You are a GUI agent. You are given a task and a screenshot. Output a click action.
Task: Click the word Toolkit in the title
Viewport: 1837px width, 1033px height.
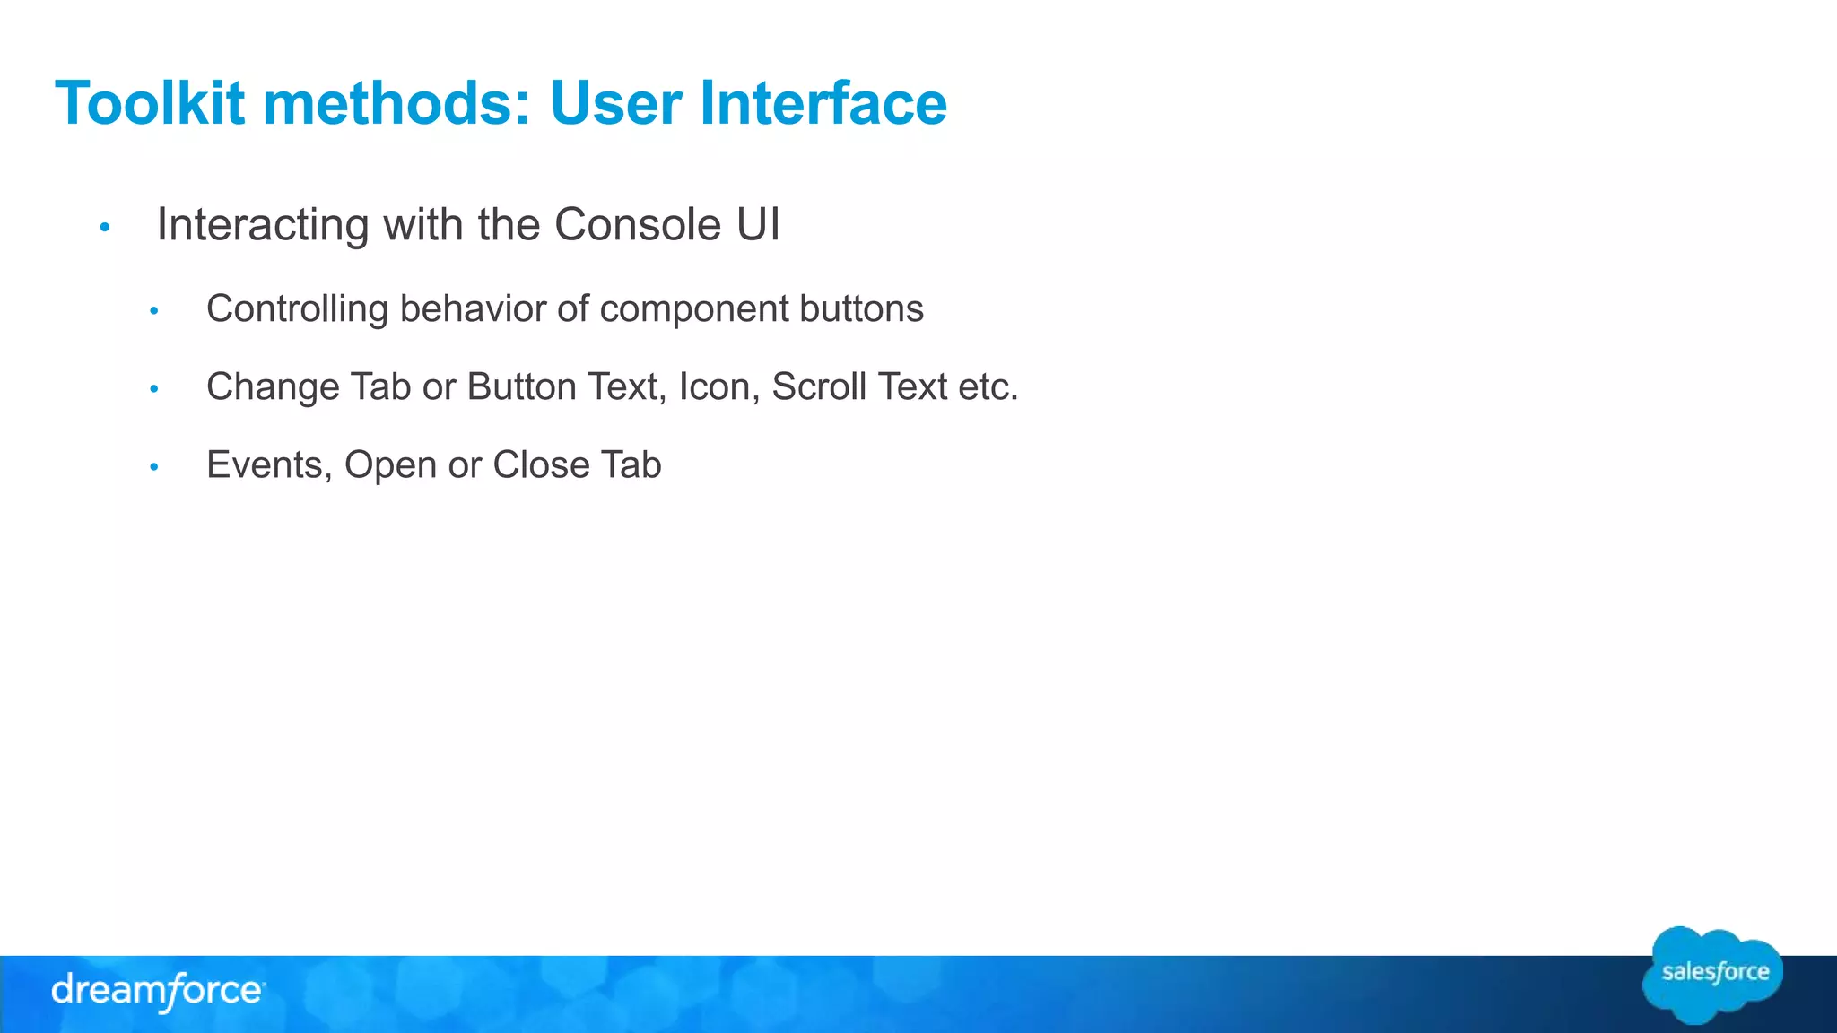(150, 103)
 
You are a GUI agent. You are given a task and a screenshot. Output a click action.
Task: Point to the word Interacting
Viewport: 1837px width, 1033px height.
(262, 225)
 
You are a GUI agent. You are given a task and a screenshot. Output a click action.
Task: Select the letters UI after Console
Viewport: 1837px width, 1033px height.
(758, 225)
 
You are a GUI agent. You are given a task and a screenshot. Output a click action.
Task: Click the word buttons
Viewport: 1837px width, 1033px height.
(861, 309)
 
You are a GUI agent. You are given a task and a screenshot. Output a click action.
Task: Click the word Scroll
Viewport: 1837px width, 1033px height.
(818, 387)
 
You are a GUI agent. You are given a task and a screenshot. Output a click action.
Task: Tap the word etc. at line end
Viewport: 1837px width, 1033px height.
(988, 387)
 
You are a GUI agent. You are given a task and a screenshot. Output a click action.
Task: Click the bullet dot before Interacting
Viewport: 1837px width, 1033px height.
(105, 228)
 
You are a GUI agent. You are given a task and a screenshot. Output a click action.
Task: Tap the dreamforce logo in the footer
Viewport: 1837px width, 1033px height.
(158, 992)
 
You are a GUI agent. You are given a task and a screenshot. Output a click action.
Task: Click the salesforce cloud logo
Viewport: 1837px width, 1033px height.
(1713, 975)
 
